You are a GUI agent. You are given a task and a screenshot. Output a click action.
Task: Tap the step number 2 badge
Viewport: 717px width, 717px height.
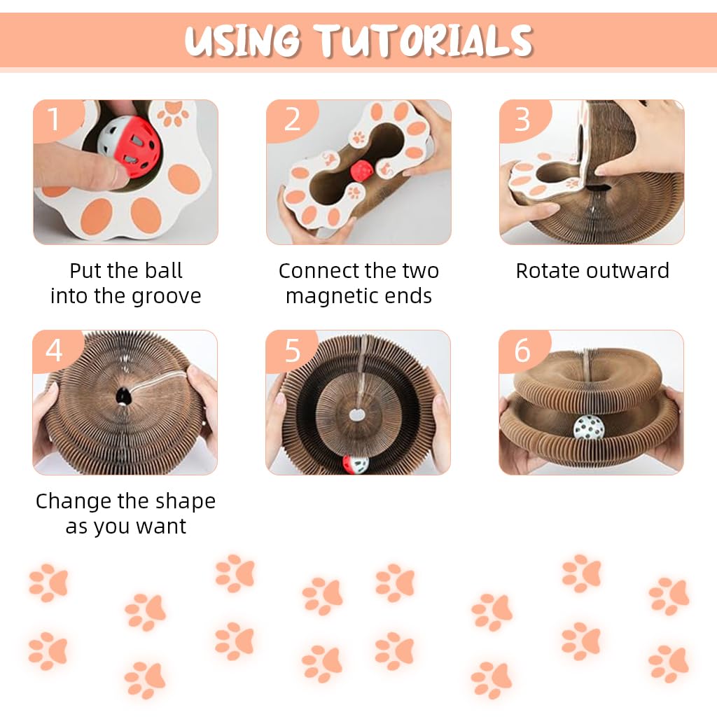tap(291, 119)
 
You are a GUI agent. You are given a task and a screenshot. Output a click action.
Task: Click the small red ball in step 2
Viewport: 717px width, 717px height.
tap(361, 169)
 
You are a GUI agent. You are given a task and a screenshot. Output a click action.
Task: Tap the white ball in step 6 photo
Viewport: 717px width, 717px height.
tap(588, 427)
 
